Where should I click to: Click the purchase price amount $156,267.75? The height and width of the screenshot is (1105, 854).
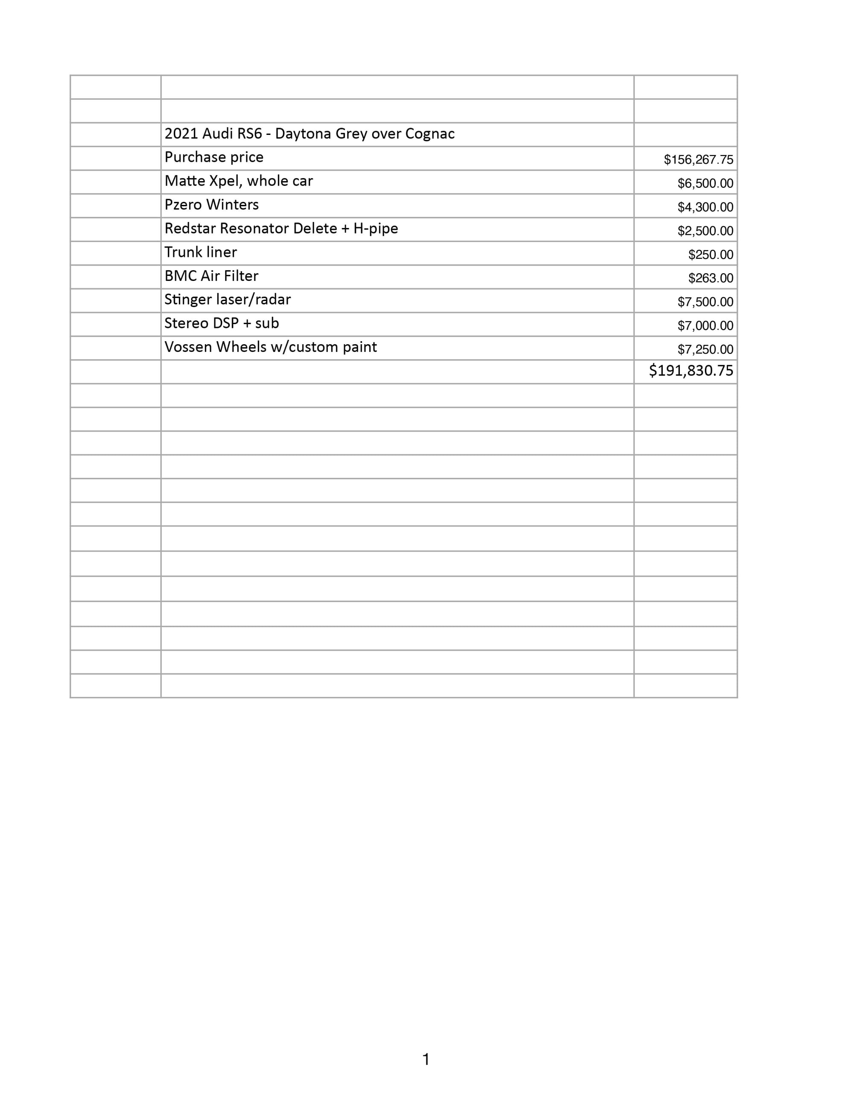[698, 160]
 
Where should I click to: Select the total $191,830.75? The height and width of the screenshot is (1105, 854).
[690, 371]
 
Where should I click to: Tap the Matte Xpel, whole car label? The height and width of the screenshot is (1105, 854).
[238, 181]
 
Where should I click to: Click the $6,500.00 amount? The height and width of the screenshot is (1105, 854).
[705, 184]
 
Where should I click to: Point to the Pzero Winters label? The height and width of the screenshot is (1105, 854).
[211, 205]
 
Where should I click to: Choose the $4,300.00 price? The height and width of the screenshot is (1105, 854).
[705, 208]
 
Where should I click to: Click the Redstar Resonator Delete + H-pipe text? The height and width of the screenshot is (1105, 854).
[281, 229]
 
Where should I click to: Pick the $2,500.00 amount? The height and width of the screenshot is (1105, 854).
[705, 231]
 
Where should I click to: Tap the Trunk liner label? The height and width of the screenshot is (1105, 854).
[200, 252]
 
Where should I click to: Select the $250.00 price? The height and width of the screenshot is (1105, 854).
[711, 255]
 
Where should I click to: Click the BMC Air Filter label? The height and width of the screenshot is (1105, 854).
[211, 276]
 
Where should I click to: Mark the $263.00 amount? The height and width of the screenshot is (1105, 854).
[711, 278]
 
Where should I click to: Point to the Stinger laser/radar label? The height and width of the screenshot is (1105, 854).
[227, 300]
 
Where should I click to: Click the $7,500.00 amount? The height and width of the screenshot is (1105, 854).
[705, 302]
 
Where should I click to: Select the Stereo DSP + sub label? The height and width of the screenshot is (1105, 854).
[222, 323]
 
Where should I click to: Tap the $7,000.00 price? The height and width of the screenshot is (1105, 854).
[705, 326]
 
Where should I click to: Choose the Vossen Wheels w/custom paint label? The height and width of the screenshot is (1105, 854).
[270, 347]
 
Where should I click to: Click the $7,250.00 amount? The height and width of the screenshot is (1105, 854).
[705, 350]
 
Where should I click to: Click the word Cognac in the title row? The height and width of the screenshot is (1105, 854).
[430, 134]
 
